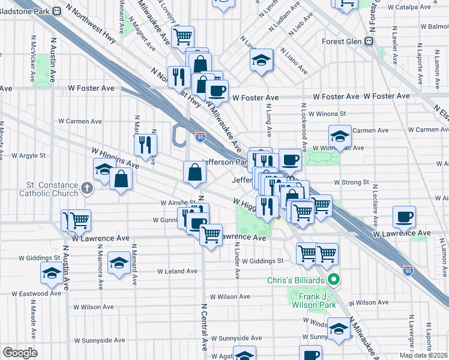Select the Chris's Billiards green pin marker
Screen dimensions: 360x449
335,280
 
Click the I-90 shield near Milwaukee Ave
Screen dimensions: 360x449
200,137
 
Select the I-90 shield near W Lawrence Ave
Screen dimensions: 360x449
408,271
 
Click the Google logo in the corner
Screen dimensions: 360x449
20,352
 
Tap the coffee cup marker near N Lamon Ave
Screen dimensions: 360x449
404,216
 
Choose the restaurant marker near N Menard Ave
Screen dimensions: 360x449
145,144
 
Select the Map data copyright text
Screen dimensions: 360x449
423,355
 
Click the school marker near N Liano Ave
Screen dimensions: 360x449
261,61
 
